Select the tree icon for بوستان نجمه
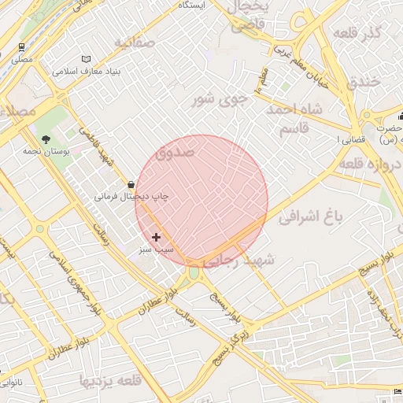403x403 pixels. coord(46,139)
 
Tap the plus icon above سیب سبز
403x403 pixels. coord(156,236)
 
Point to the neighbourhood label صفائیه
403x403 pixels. coord(133,41)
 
